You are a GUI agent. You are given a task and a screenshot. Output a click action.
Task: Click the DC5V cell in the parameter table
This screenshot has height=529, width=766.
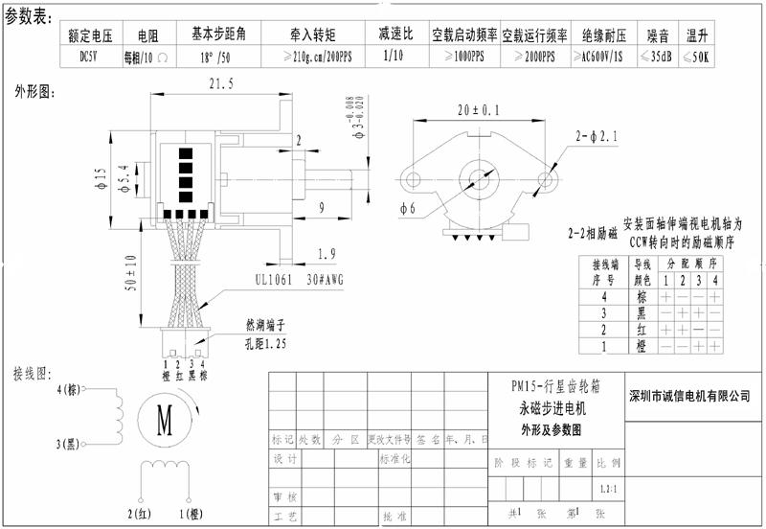tap(84, 57)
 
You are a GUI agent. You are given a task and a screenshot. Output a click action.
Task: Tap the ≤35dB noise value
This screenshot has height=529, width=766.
tap(657, 57)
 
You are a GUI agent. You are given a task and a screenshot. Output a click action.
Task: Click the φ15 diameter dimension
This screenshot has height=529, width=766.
tap(100, 178)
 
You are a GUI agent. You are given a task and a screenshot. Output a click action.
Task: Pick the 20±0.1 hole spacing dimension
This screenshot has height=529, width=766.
tap(479, 111)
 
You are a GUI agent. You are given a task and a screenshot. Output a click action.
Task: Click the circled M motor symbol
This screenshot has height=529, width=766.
tap(164, 419)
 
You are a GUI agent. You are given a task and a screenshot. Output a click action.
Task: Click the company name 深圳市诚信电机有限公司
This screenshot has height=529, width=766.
tap(686, 395)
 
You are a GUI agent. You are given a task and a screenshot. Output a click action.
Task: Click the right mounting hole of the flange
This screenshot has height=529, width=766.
tap(548, 178)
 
